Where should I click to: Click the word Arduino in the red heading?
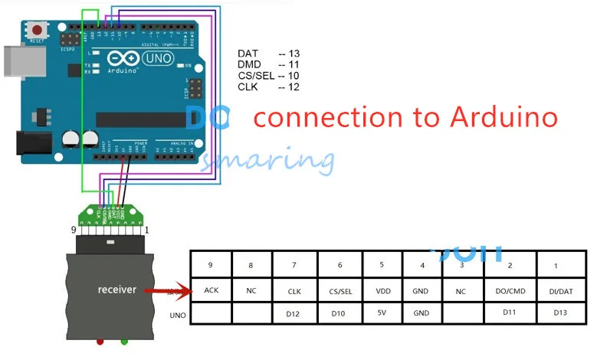point(503,117)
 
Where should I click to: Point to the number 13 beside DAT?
point(294,53)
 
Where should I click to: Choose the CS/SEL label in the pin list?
point(256,76)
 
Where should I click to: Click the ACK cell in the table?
point(212,290)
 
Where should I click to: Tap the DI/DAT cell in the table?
point(560,291)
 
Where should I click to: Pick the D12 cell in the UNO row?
point(294,313)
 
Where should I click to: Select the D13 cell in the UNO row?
point(560,313)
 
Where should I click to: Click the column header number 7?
point(294,265)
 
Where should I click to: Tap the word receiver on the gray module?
point(116,289)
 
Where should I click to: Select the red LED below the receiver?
point(100,342)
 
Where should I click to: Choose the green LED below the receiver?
point(123,342)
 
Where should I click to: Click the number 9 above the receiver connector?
point(74,229)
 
